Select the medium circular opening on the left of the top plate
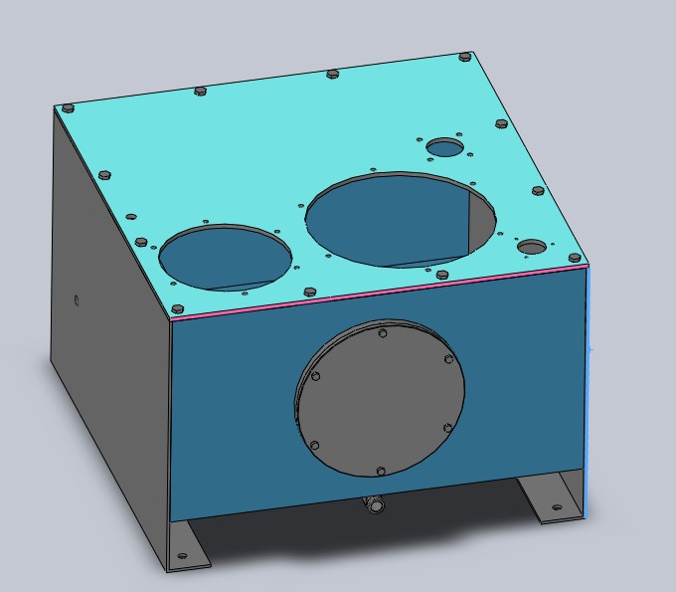tap(226, 257)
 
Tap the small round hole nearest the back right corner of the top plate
tap(445, 148)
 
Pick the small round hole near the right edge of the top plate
tap(532, 247)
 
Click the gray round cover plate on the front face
tap(380, 398)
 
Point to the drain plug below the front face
tap(376, 505)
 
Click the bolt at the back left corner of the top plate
tap(68, 106)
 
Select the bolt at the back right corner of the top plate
tap(464, 58)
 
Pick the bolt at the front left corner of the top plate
tap(177, 309)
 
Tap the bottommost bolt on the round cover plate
tap(381, 470)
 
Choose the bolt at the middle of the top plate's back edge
tap(332, 74)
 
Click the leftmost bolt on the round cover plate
tap(315, 376)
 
